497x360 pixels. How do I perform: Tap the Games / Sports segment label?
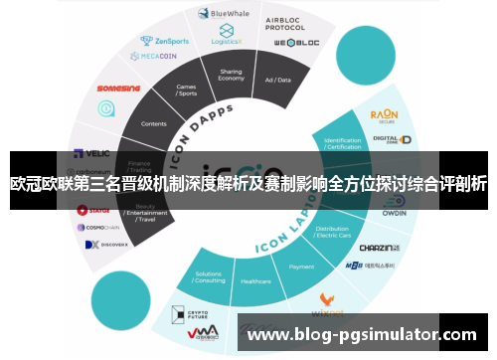pos(186,90)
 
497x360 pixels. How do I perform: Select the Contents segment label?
pos(154,124)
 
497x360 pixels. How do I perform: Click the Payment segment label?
pos(301,267)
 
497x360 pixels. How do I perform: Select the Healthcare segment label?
pos(255,281)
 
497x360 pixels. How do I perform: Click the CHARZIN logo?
pos(378,247)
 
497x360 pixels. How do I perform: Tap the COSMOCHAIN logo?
pos(102,227)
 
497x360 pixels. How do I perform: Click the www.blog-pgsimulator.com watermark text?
pos(362,335)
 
